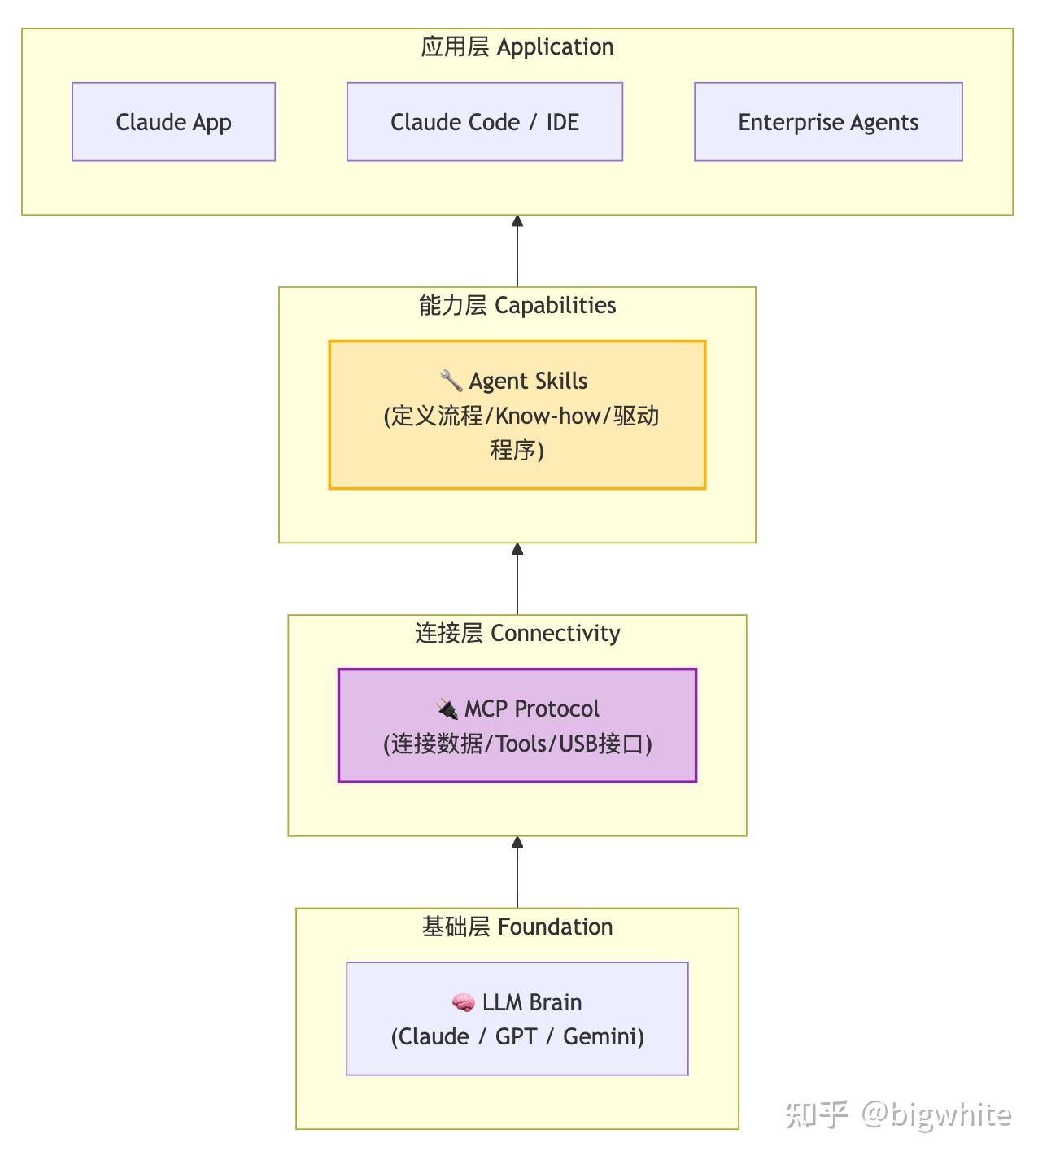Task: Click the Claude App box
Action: [x=173, y=122]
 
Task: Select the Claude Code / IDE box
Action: [x=484, y=122]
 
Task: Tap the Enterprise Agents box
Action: [x=827, y=122]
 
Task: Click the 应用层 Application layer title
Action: [x=517, y=47]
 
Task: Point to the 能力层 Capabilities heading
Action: [x=517, y=306]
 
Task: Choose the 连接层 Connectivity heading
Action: [x=517, y=633]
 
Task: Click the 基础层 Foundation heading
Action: [x=517, y=927]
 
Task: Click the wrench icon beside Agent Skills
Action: [x=451, y=381]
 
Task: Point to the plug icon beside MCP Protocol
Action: [x=447, y=709]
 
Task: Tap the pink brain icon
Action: [x=463, y=1003]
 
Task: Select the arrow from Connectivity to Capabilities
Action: [x=517, y=578]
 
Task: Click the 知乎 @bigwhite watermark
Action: [x=898, y=1114]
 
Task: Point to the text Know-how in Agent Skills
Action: [x=547, y=416]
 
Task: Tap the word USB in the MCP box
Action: [x=578, y=744]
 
